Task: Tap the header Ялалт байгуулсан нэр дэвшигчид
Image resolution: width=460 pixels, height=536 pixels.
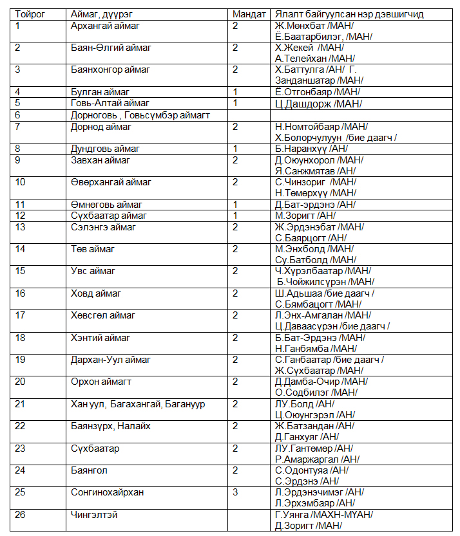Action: (349, 14)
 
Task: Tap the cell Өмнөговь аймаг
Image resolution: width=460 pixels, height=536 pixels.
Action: (106, 204)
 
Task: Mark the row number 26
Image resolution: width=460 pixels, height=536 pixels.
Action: (21, 515)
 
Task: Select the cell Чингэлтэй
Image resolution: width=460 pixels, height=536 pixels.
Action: (94, 515)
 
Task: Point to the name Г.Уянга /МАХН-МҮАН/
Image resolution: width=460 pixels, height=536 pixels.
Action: (323, 515)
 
